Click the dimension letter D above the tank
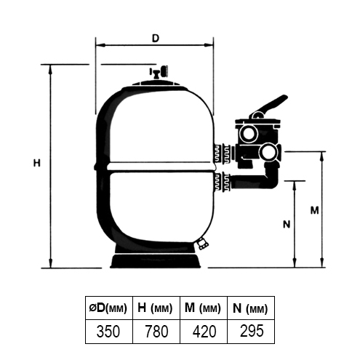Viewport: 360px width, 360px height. [154, 37]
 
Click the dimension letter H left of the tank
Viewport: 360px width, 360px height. [36, 164]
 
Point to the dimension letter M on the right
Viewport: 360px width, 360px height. [313, 210]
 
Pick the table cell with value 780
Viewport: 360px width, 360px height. [156, 331]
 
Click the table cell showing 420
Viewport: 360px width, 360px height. [204, 331]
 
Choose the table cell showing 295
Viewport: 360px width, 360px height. [252, 331]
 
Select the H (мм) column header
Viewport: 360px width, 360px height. [156, 308]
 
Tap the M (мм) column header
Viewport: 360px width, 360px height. [204, 308]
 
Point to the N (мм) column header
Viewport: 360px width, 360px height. [252, 308]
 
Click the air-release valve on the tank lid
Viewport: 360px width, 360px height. [155, 73]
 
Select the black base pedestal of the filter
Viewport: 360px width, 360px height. [155, 260]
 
